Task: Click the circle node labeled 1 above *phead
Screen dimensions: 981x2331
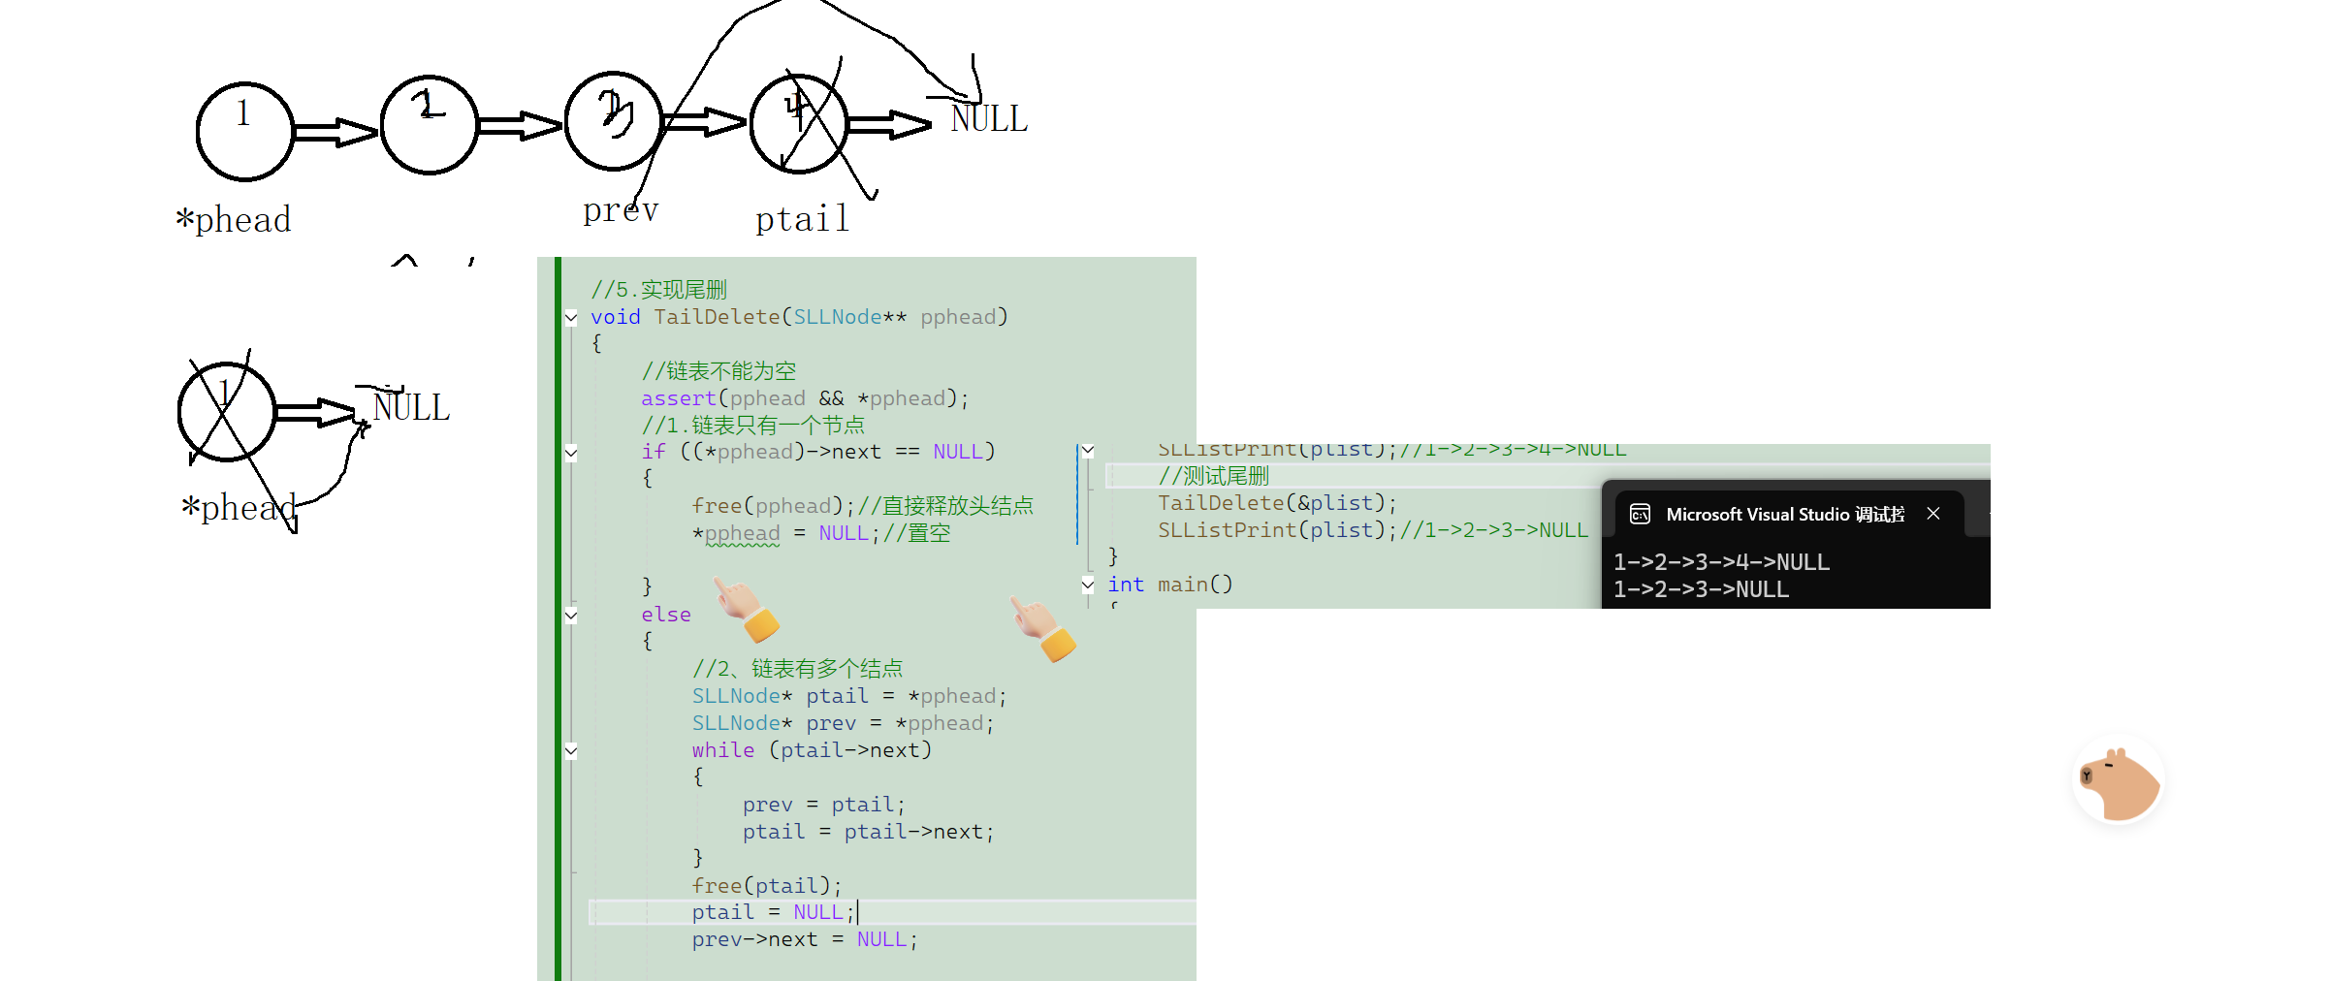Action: pos(244,131)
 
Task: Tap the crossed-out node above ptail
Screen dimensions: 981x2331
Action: pos(799,124)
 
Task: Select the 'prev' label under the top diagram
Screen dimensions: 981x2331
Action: pos(621,209)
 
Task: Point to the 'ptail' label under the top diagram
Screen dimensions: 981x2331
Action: pos(802,219)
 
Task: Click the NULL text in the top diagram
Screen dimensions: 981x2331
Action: pos(988,119)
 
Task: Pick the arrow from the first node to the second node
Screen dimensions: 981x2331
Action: pos(335,132)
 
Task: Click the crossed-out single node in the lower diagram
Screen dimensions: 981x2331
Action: pos(227,411)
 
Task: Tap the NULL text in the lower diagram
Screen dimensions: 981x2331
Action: pos(411,408)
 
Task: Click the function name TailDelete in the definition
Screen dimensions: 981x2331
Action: pos(717,317)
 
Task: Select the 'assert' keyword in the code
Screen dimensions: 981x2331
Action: pos(678,398)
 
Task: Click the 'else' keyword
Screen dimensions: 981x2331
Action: pos(666,615)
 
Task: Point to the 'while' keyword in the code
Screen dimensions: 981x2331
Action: pos(722,750)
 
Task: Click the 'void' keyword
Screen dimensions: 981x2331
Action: pos(615,317)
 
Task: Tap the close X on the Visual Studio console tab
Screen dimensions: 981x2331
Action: pos(1933,514)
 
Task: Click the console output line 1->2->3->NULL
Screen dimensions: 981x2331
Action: pos(1701,589)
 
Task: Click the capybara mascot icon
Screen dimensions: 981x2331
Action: pos(2120,781)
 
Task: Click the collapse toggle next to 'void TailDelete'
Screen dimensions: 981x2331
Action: pos(571,317)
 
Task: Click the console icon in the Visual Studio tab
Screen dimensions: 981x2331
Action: pos(1640,514)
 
